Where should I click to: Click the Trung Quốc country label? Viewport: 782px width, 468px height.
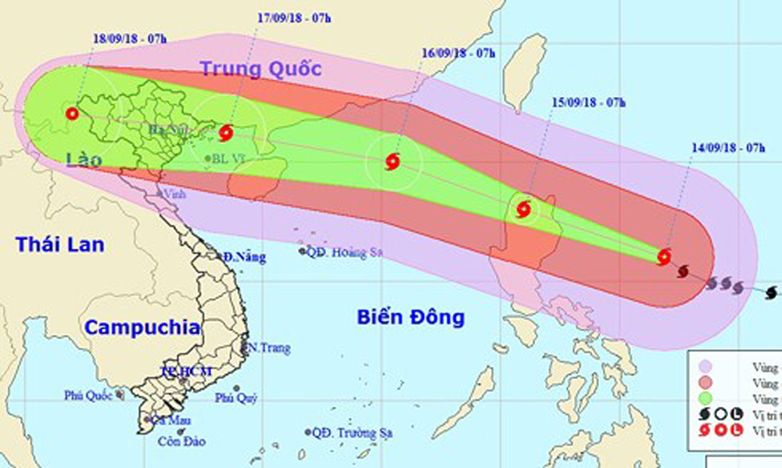pyautogui.click(x=261, y=69)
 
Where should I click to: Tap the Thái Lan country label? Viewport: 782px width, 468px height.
pyautogui.click(x=59, y=244)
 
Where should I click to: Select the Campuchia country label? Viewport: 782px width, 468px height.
pyautogui.click(x=142, y=328)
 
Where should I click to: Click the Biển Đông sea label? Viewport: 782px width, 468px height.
pyautogui.click(x=411, y=317)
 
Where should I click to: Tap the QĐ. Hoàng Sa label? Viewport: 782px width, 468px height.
pyautogui.click(x=346, y=252)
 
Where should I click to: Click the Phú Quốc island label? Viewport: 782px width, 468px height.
pyautogui.click(x=90, y=396)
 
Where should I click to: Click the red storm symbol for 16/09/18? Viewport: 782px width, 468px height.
pyautogui.click(x=393, y=162)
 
